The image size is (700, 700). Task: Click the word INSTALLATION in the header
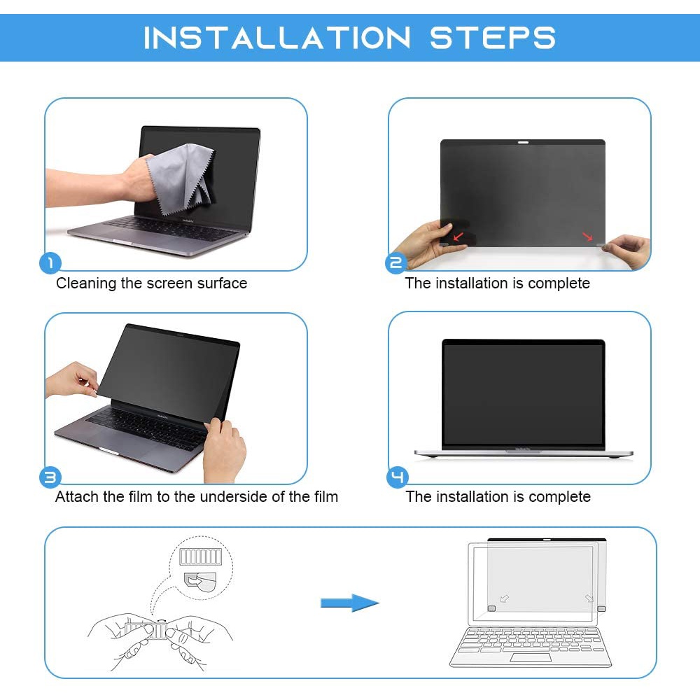tap(276, 38)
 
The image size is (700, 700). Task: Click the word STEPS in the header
tap(493, 38)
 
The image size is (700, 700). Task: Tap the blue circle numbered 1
tap(50, 263)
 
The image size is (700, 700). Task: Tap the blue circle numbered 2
tap(396, 263)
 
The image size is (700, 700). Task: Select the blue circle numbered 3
tap(50, 477)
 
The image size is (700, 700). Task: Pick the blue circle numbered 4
tap(397, 477)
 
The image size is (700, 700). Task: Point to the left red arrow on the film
tap(458, 236)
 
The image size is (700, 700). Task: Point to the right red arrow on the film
tap(587, 236)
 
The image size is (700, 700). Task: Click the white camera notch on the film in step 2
tap(523, 142)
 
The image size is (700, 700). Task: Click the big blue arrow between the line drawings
tap(349, 603)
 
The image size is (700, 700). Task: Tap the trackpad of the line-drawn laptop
tap(531, 657)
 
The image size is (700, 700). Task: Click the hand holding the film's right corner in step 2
tap(627, 251)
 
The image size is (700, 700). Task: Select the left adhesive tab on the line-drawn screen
tap(491, 608)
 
